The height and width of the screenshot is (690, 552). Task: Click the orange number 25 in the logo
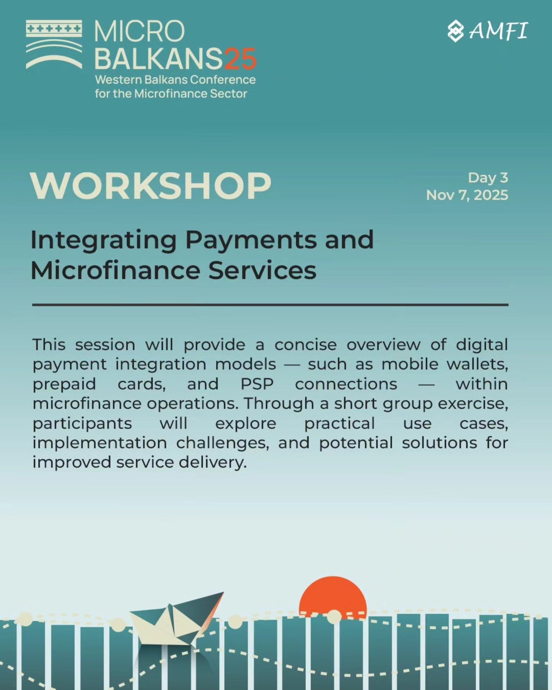click(240, 59)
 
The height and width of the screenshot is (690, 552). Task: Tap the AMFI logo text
click(498, 31)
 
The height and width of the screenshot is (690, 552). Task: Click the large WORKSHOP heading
click(151, 186)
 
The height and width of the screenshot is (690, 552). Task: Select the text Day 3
click(488, 178)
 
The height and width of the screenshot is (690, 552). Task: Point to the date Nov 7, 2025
click(467, 195)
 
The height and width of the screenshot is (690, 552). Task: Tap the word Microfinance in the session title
click(115, 270)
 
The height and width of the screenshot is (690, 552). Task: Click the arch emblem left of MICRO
click(54, 44)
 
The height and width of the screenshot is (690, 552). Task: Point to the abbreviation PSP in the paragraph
click(257, 384)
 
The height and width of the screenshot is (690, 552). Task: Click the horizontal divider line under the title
click(270, 305)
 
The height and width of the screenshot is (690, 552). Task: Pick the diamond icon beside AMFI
click(456, 31)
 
